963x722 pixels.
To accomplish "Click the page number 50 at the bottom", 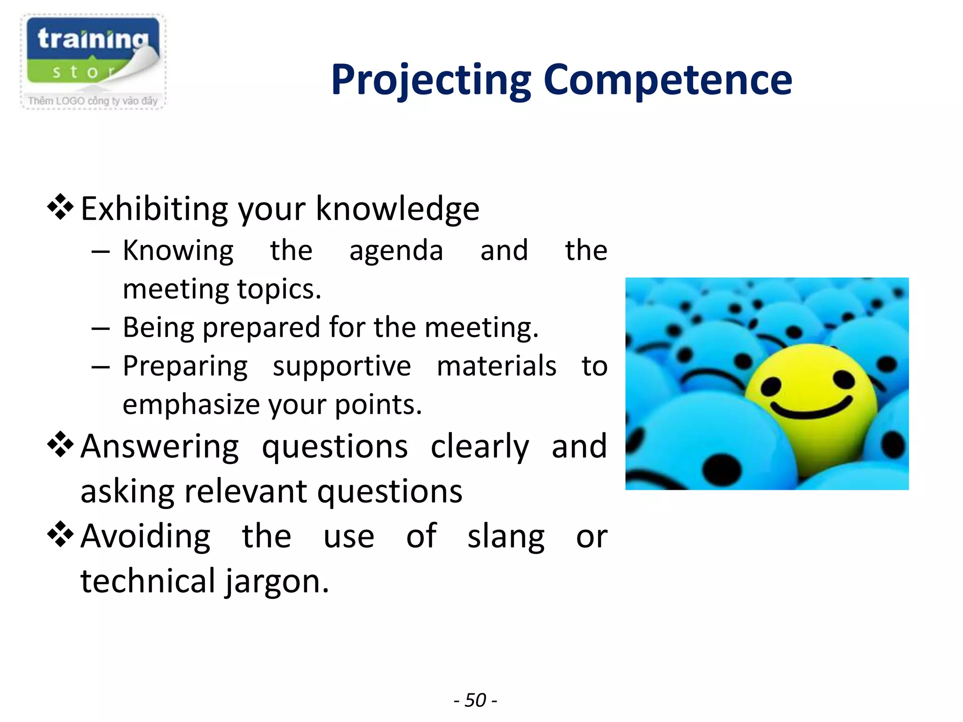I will click(x=475, y=700).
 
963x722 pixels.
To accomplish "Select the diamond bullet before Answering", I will click(x=61, y=444).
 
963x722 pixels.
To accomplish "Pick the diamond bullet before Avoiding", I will click(x=61, y=535).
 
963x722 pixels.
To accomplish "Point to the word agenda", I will click(x=396, y=251).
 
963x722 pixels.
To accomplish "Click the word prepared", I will click(x=261, y=327).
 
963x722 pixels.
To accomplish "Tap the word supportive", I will click(x=342, y=366).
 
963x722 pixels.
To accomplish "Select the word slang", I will click(x=506, y=536).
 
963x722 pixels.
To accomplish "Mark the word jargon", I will click(x=276, y=581).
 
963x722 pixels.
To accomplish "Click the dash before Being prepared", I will click(x=101, y=328).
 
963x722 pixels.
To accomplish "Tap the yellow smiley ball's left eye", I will click(x=771, y=386).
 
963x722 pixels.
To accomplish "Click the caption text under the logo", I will click(x=93, y=101).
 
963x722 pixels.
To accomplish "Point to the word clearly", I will click(x=480, y=447).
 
